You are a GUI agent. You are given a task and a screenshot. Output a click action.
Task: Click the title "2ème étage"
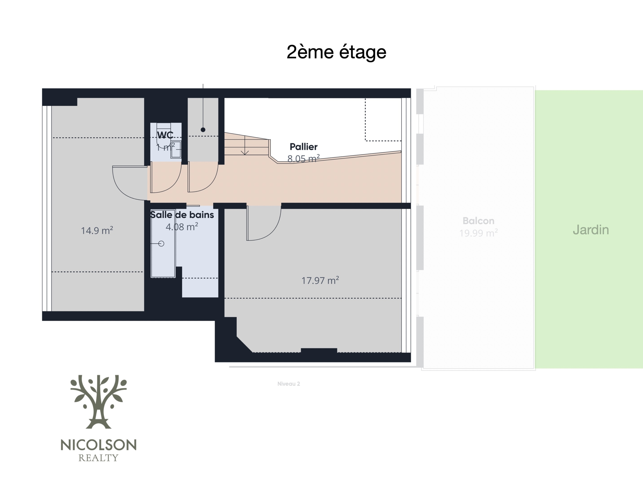(336, 52)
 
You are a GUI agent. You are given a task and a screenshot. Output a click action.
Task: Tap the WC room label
(165, 135)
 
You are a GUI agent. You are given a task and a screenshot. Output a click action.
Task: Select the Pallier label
(303, 147)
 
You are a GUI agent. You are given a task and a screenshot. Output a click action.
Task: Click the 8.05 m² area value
(303, 159)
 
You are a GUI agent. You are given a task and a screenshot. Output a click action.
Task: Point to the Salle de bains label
(182, 215)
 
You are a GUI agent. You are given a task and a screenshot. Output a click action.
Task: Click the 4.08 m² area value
(182, 227)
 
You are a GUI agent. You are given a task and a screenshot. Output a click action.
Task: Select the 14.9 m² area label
(97, 231)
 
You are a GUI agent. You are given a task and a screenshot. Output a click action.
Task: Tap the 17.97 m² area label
(320, 281)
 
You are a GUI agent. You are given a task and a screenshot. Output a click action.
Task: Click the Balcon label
(478, 221)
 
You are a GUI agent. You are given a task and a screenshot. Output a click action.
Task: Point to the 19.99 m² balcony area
(478, 233)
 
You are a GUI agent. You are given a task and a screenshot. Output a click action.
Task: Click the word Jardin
(591, 230)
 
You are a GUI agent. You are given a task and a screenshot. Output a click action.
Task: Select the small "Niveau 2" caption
(289, 384)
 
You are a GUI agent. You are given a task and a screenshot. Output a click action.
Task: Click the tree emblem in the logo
(98, 402)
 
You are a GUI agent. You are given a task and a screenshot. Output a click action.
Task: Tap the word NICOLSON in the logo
(98, 445)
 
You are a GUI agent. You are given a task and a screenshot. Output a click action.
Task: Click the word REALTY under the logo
(98, 458)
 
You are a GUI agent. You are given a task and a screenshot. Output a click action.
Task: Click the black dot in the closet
(203, 130)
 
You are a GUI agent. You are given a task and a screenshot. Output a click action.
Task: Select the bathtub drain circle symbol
(161, 244)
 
